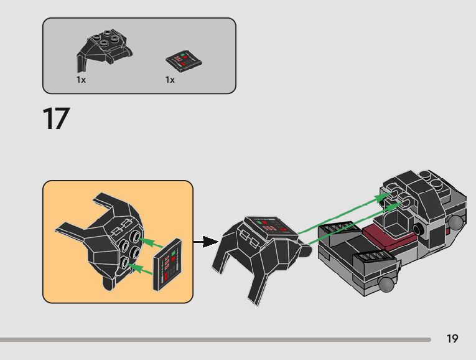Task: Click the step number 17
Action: coord(56,118)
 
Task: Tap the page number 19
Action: coord(452,338)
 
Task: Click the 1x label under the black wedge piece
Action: coord(81,80)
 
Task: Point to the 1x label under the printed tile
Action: coord(170,80)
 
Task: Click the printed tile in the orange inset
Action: coord(170,264)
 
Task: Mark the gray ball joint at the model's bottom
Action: coord(387,285)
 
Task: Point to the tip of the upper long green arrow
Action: coord(388,195)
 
